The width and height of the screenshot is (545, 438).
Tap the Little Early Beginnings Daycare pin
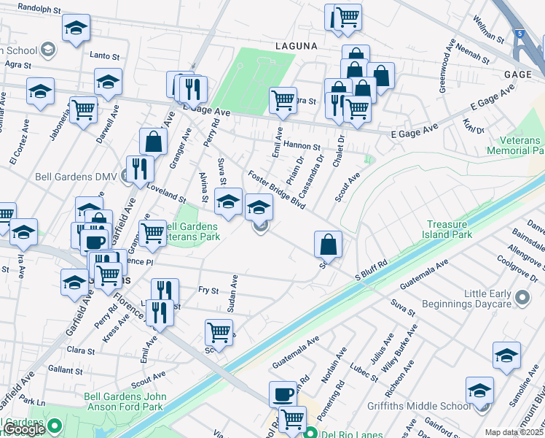click(522, 298)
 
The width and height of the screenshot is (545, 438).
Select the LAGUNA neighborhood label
click(296, 45)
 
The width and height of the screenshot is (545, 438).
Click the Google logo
click(24, 429)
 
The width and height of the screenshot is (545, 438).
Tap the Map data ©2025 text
click(514, 432)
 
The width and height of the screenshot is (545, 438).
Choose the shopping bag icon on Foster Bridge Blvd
click(329, 245)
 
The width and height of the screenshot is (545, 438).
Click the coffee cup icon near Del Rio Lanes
click(283, 394)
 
